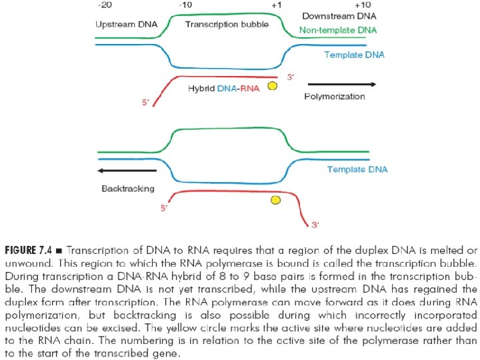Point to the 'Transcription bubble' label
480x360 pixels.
coord(227,24)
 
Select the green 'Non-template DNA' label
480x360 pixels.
coord(338,30)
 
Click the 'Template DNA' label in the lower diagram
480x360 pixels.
coord(357,169)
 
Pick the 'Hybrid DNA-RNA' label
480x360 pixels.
coord(223,87)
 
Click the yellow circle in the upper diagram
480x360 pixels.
coord(272,87)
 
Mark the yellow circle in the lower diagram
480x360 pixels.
coord(275,199)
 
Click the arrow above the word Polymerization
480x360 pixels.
coord(342,85)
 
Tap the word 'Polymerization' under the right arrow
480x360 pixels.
coord(335,97)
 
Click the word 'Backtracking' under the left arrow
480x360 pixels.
coord(128,189)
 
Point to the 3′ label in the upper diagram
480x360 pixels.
coord(291,77)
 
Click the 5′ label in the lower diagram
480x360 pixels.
coord(164,209)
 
